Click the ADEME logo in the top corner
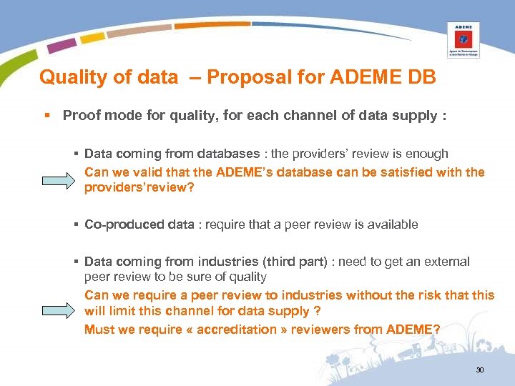(463, 39)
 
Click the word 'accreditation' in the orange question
(227, 330)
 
